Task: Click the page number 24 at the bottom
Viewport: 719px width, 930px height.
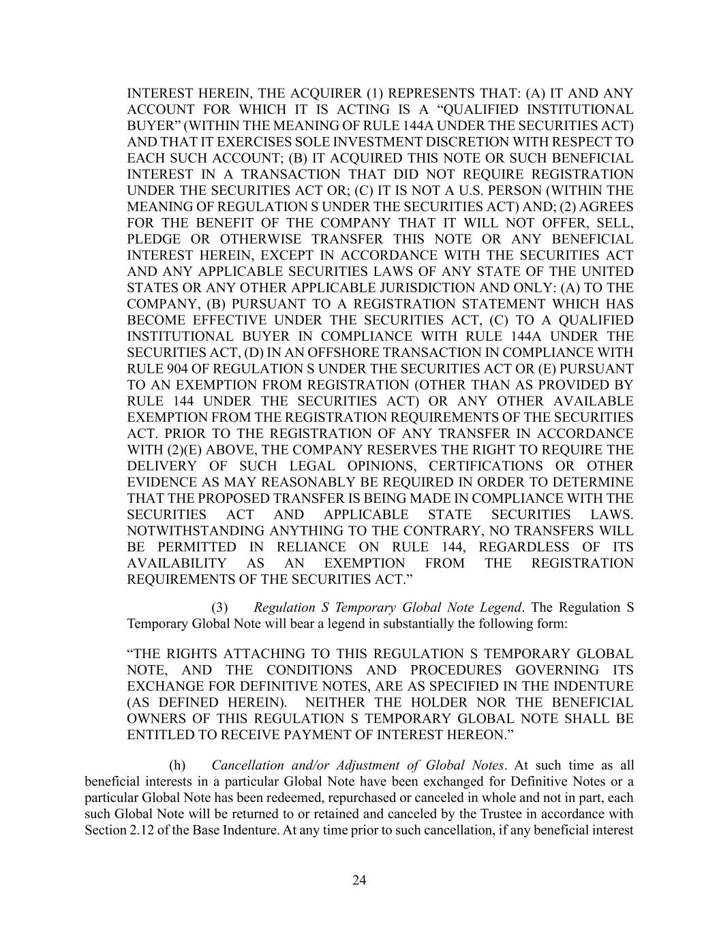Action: (x=359, y=880)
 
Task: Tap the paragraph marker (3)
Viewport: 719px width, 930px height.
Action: (x=220, y=607)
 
